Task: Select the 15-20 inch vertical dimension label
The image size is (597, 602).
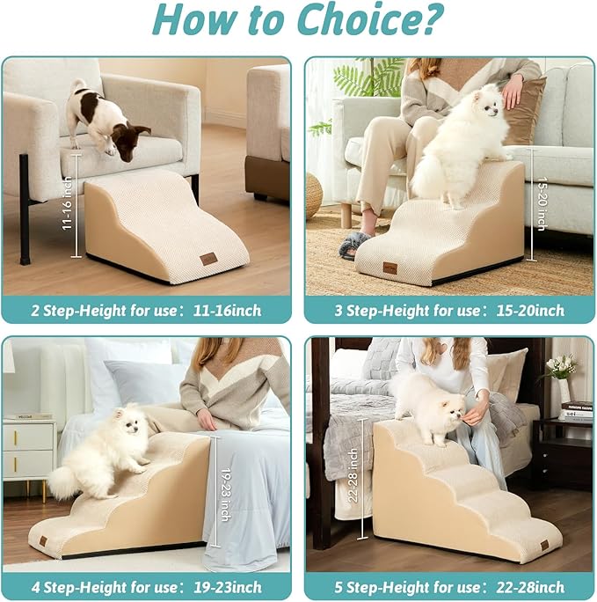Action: click(x=541, y=203)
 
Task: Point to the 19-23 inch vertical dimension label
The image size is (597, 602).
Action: click(x=225, y=492)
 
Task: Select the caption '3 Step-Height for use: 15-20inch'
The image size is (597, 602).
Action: click(x=449, y=310)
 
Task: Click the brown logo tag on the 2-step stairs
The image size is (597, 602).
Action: click(x=208, y=259)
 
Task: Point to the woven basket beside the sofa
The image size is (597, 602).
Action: click(x=313, y=195)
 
